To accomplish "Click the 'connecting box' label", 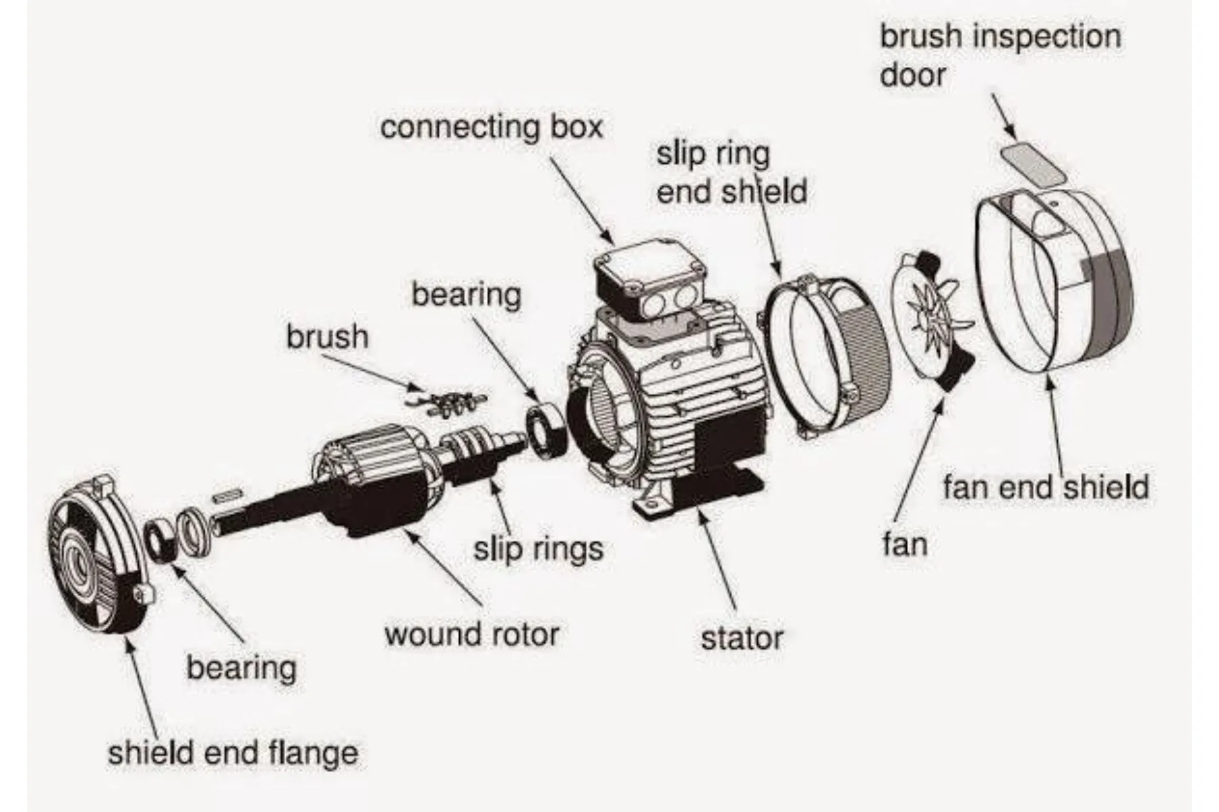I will click(x=491, y=127).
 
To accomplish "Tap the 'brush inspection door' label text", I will click(x=1000, y=55).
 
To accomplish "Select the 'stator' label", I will click(x=742, y=638).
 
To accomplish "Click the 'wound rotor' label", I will click(x=472, y=634).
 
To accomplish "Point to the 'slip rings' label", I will click(x=538, y=548).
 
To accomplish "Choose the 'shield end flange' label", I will click(x=233, y=752).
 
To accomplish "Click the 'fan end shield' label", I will click(x=1046, y=487).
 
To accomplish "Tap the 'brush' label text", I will click(x=327, y=336).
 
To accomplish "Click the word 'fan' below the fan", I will click(x=905, y=543).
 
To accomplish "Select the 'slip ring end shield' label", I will click(x=731, y=173).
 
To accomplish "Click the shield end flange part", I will click(x=98, y=555).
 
